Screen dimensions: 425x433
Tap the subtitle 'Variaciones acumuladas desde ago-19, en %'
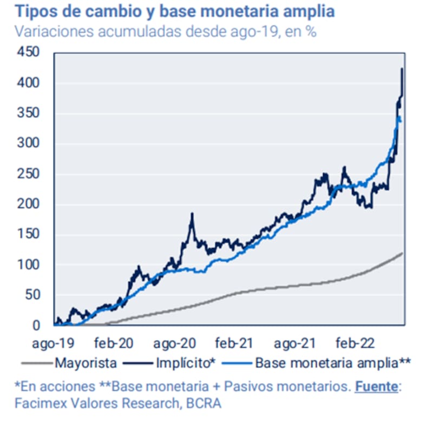pyautogui.click(x=166, y=31)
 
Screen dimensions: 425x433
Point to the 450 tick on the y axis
pyautogui.click(x=28, y=53)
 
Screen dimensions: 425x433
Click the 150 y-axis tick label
pyautogui.click(x=28, y=235)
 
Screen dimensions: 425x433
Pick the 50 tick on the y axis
pyautogui.click(x=33, y=295)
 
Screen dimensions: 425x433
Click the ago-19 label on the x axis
pyautogui.click(x=54, y=343)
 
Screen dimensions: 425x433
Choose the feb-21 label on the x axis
pyautogui.click(x=234, y=343)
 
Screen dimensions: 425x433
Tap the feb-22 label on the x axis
pyautogui.click(x=352, y=343)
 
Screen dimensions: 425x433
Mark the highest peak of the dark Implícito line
pyautogui.click(x=402, y=69)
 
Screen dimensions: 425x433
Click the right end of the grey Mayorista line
pyautogui.click(x=402, y=253)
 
